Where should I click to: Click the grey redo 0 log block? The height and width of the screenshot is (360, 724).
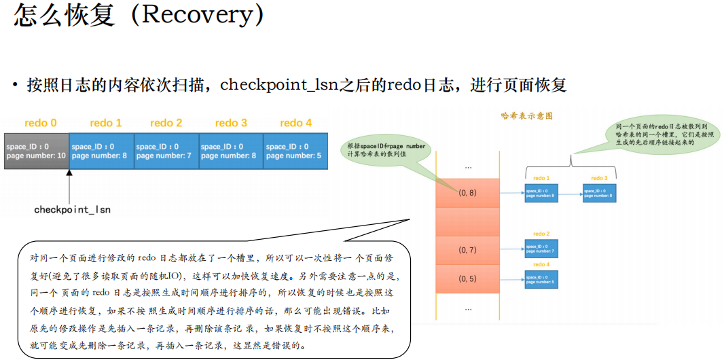point(36,151)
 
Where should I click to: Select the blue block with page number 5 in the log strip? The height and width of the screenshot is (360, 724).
point(295,151)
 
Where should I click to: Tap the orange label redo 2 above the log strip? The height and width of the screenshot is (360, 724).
point(166,123)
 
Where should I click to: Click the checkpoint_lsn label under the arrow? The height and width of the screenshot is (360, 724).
point(72,210)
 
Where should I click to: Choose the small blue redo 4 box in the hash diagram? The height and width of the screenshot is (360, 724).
point(541,278)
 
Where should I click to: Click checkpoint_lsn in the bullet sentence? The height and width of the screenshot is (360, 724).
point(278,85)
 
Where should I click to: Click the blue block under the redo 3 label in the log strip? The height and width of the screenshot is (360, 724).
point(230,151)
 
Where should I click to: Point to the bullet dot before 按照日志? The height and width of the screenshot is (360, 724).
point(14,86)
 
